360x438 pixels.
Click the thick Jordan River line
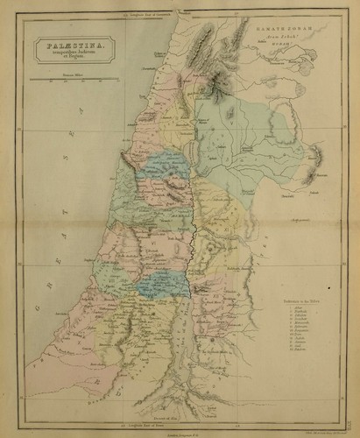(x=192, y=245)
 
